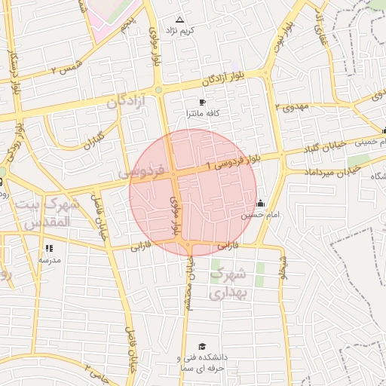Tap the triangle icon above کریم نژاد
pos(179,20)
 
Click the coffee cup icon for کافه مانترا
pos(202,102)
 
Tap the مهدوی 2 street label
pos(293,107)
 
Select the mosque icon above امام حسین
pos(261,203)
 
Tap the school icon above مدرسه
pos(50,248)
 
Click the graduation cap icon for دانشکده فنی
pos(201,346)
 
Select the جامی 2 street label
pos(96,369)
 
